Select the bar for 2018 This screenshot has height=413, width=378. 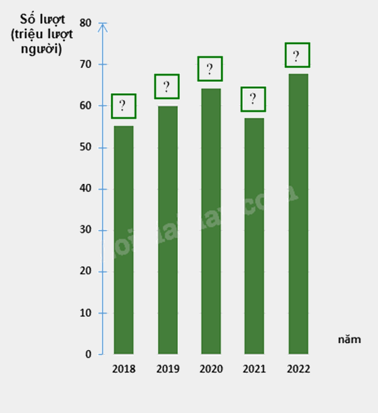(123, 239)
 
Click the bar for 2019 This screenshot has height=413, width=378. (167, 230)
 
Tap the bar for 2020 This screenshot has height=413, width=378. (211, 221)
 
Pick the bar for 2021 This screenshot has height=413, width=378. (253, 235)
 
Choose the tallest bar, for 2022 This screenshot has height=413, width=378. (297, 213)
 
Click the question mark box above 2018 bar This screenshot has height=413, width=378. (123, 106)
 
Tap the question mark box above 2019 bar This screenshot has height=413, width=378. (167, 86)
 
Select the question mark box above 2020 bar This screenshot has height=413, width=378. (210, 69)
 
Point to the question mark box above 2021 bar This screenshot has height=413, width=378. (253, 99)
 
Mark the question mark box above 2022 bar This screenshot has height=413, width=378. (297, 55)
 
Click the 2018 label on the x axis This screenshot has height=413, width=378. (123, 369)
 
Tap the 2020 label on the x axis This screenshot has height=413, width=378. (211, 369)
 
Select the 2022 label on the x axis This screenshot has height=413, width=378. (297, 369)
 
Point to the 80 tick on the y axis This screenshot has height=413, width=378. (86, 23)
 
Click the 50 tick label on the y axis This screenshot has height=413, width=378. (86, 147)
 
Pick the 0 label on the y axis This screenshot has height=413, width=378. (89, 354)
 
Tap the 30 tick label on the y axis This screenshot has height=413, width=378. (86, 230)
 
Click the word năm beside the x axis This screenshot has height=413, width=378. (349, 339)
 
